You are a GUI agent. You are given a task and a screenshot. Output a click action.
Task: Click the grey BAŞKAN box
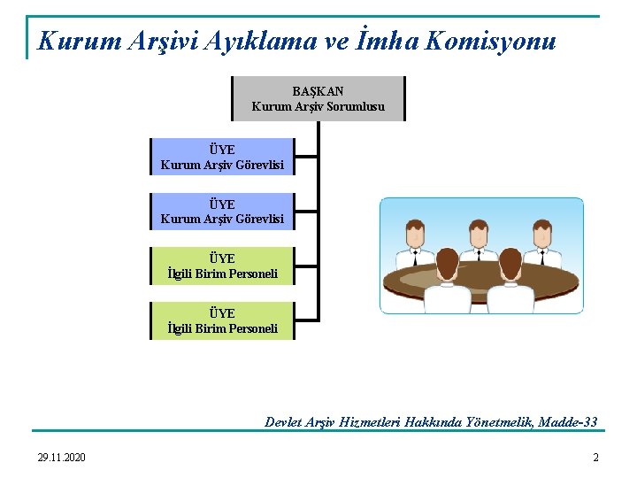(x=318, y=98)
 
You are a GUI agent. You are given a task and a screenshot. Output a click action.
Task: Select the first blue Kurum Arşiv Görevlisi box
(x=222, y=157)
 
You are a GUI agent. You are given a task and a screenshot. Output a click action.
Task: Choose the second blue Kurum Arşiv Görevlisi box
(x=222, y=211)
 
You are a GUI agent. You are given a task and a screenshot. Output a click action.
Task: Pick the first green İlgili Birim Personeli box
(x=222, y=266)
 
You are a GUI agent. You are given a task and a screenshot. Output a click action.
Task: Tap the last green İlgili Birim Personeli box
(x=222, y=320)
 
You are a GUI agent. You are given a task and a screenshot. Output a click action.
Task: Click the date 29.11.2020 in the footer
(x=62, y=458)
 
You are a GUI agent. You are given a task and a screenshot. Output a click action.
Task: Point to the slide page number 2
(x=595, y=458)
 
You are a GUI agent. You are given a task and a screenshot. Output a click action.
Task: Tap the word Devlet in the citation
(x=284, y=422)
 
